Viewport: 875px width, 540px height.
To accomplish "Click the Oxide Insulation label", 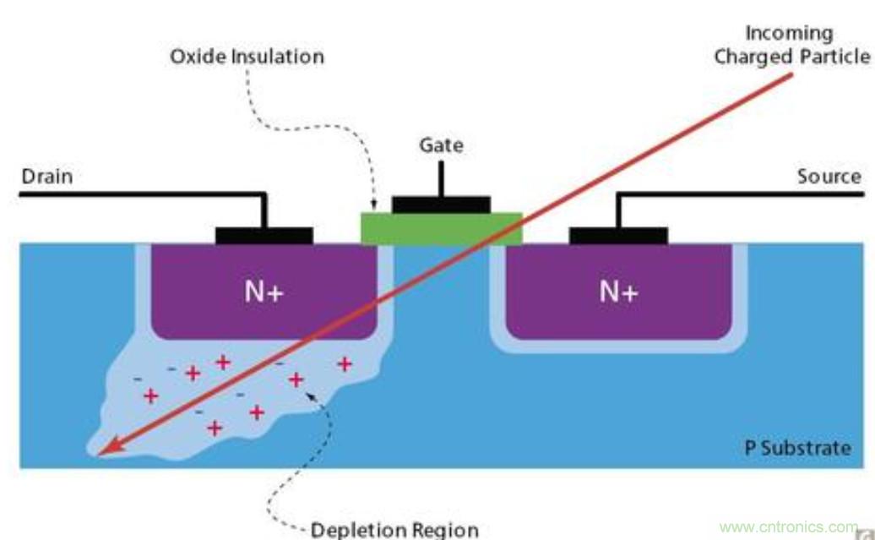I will (x=247, y=57).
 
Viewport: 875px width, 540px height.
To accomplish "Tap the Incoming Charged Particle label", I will (x=791, y=45).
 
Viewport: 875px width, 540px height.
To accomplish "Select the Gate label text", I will (x=441, y=145).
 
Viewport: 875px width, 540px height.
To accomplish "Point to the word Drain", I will (x=46, y=177).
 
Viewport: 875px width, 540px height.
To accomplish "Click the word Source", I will (x=829, y=177).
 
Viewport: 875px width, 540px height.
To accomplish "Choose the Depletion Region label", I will (x=394, y=530).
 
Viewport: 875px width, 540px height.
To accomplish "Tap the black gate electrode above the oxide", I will (x=441, y=205).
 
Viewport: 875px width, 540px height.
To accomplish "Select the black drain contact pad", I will (x=264, y=236).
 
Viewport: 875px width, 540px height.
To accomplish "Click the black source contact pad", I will (x=618, y=236).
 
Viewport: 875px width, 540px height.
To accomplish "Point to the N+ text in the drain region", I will (x=263, y=292).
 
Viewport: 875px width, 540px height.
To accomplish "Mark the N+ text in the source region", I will (x=618, y=292).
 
